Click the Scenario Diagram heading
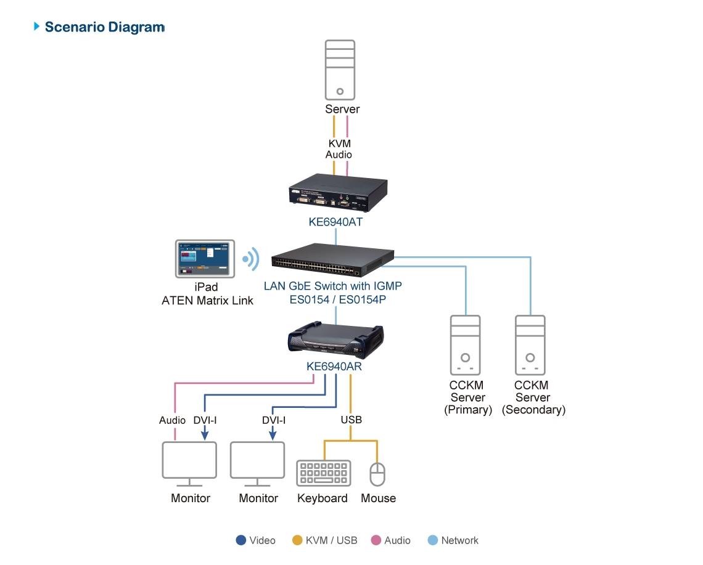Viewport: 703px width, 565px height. [104, 27]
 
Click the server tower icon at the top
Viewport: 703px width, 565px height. [340, 70]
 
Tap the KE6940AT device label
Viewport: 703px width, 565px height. [335, 222]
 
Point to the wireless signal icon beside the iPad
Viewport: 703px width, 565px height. [250, 259]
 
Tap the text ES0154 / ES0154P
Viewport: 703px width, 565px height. [333, 300]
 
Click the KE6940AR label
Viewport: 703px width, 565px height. [334, 367]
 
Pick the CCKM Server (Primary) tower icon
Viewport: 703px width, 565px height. [466, 345]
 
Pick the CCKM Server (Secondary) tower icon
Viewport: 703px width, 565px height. [530, 345]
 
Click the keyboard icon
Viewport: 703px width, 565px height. [323, 473]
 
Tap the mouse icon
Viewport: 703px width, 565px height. [377, 474]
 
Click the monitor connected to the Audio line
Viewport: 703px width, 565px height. [189, 462]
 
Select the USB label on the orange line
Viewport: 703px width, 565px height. [351, 420]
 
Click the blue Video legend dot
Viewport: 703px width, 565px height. [241, 540]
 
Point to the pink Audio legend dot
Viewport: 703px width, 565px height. [376, 540]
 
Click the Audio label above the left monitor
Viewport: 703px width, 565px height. [172, 420]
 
